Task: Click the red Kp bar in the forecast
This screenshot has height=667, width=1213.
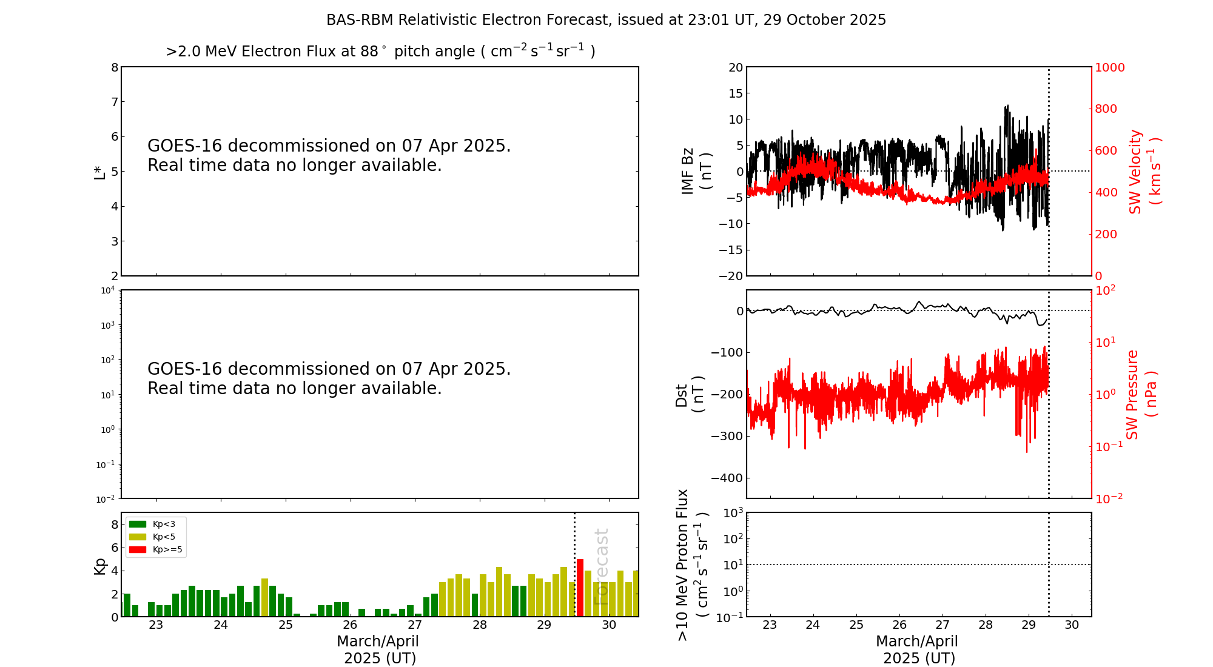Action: [x=580, y=588]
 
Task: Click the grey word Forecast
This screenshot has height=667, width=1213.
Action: [x=601, y=566]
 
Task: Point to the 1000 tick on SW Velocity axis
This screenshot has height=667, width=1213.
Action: [x=1109, y=67]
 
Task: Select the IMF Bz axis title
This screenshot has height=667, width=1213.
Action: [x=696, y=171]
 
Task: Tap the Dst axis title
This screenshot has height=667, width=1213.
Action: [x=690, y=395]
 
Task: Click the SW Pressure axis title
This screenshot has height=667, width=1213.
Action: [x=1141, y=395]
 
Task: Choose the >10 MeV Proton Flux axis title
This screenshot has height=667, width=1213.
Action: [x=692, y=565]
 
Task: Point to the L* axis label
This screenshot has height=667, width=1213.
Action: [x=99, y=172]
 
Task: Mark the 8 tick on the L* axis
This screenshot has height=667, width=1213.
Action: [x=114, y=67]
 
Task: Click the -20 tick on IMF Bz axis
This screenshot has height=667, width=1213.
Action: [x=731, y=276]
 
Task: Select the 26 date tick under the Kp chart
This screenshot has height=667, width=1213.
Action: [x=350, y=625]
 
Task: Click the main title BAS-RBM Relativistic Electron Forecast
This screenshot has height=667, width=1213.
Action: [x=606, y=20]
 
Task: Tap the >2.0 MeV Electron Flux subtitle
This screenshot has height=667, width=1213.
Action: [x=380, y=52]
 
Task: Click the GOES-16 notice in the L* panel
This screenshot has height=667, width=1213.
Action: [x=329, y=155]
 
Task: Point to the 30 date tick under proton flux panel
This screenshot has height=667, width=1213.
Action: [x=1072, y=625]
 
